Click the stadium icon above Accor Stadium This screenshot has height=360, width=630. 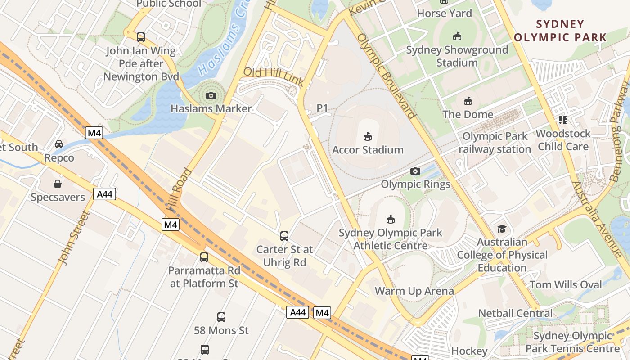[x=368, y=136]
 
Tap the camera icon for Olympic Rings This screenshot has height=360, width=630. [x=415, y=171]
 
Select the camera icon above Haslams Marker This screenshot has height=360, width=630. [x=211, y=95]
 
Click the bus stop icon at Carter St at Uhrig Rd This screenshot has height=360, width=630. [x=284, y=236]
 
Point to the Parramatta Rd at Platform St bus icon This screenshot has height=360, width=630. [x=204, y=257]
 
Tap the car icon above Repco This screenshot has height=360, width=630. [x=59, y=144]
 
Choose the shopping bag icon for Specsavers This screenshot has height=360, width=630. [x=58, y=184]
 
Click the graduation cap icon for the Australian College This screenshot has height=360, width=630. [x=502, y=229]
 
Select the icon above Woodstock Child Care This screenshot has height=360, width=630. [x=562, y=120]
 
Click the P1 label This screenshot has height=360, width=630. [x=322, y=108]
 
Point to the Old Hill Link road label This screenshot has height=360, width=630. [x=273, y=76]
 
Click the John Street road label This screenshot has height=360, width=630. [x=72, y=237]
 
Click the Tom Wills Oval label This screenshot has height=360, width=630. [x=566, y=285]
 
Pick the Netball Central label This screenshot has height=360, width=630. [x=515, y=313]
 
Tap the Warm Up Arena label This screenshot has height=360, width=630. [x=414, y=291]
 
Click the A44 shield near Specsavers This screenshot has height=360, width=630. [x=105, y=194]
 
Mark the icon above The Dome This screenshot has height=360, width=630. [x=468, y=101]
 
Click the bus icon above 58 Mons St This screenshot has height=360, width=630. [x=221, y=317]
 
